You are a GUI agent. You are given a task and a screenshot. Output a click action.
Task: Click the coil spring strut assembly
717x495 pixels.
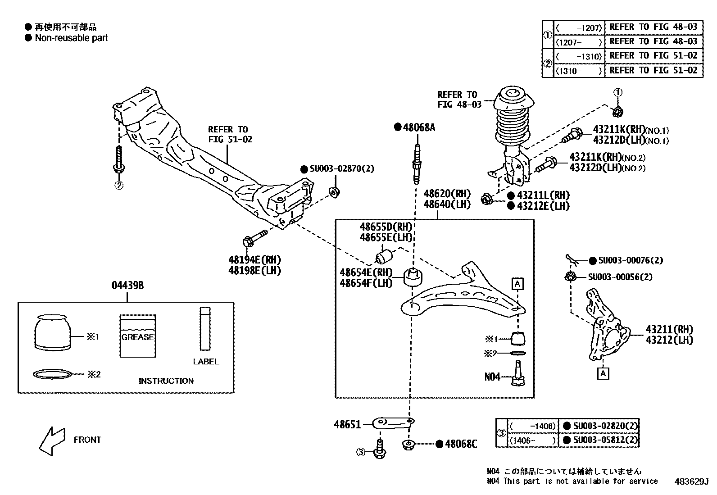click(x=513, y=135)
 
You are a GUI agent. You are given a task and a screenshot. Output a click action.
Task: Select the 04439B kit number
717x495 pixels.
click(x=127, y=286)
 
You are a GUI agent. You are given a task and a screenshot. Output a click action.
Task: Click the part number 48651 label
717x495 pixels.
click(x=347, y=424)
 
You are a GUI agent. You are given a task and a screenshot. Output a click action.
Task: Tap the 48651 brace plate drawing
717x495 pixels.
click(x=393, y=422)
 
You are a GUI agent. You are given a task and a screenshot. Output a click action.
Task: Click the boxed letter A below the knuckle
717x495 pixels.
click(x=604, y=373)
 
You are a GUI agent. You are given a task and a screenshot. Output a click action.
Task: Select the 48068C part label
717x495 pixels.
click(x=460, y=444)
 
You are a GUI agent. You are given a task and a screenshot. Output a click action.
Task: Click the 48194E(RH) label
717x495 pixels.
click(x=254, y=260)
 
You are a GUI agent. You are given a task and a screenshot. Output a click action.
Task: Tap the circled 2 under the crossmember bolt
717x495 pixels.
click(x=118, y=185)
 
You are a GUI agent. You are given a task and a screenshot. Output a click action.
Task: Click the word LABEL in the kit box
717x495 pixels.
click(x=206, y=361)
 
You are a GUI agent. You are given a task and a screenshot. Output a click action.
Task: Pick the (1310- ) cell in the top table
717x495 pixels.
click(x=578, y=71)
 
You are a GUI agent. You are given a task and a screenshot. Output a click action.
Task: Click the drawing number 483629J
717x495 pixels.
click(x=691, y=481)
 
